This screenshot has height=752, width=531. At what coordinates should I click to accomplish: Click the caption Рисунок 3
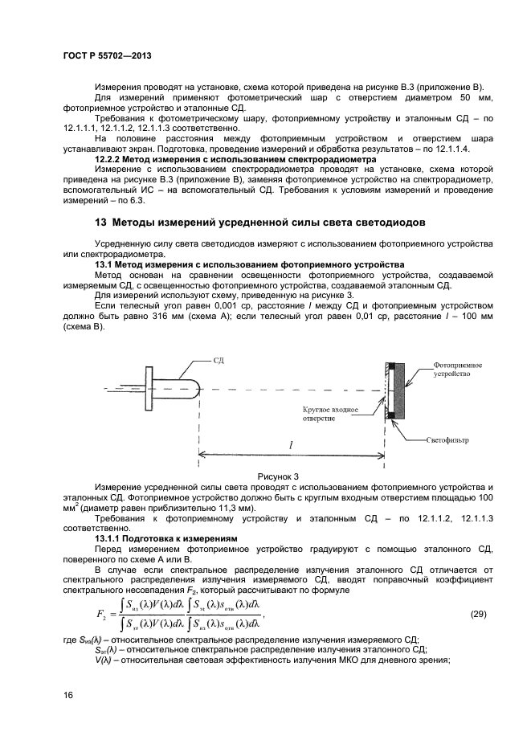coord(277,476)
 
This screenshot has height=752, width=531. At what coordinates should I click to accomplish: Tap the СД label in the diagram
coord(218,362)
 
